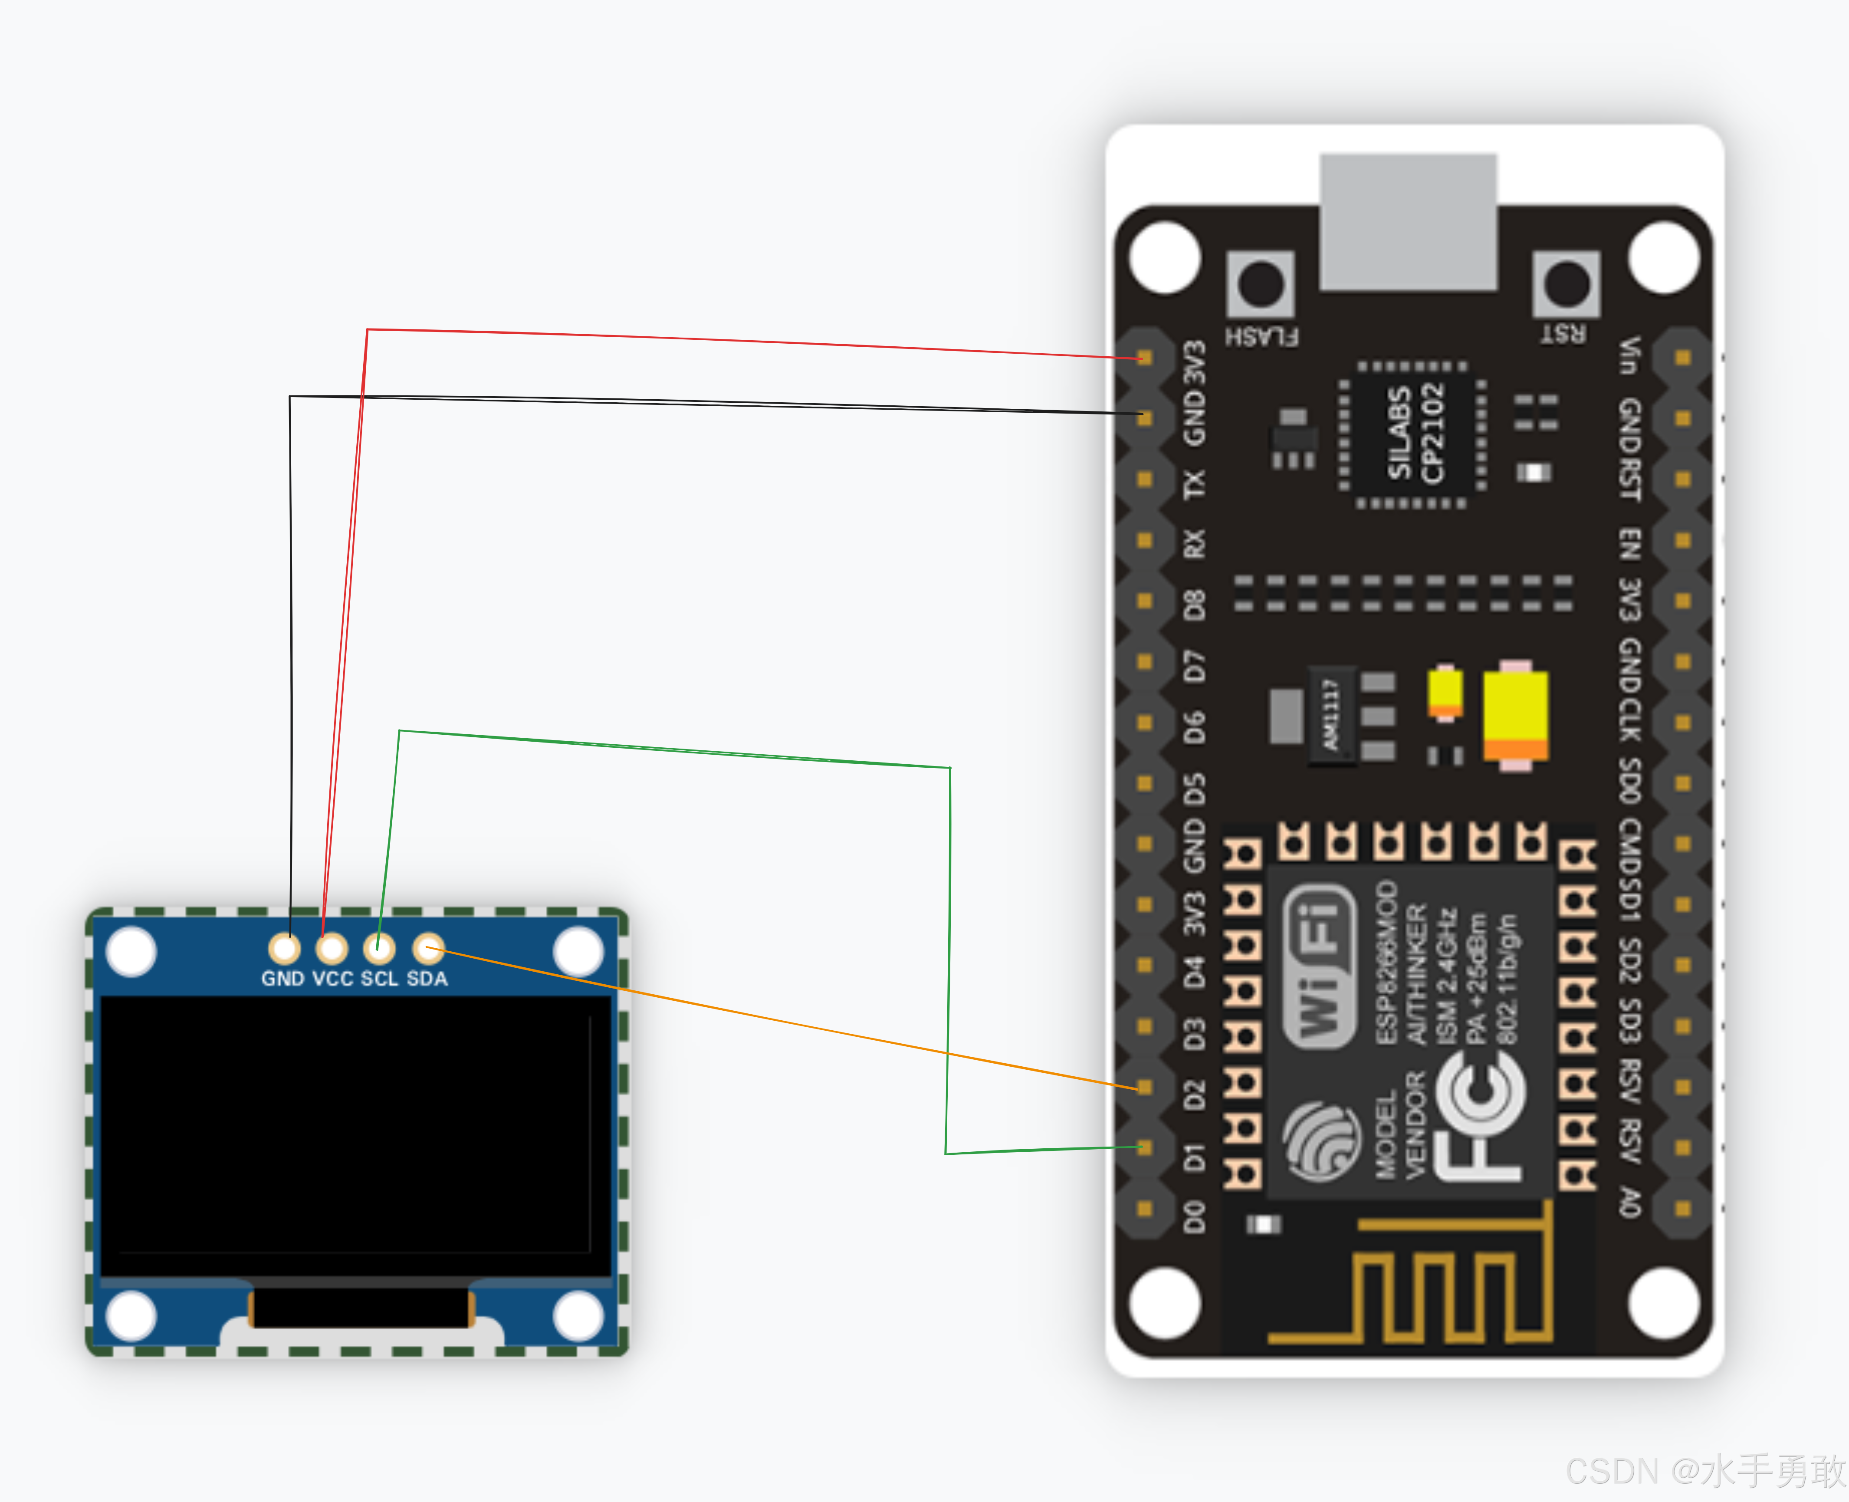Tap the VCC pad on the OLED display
click(332, 948)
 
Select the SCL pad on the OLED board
click(379, 948)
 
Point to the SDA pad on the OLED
click(427, 948)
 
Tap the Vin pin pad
click(1682, 357)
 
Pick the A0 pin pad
click(1682, 1208)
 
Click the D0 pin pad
click(1144, 1208)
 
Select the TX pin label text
click(1194, 483)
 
